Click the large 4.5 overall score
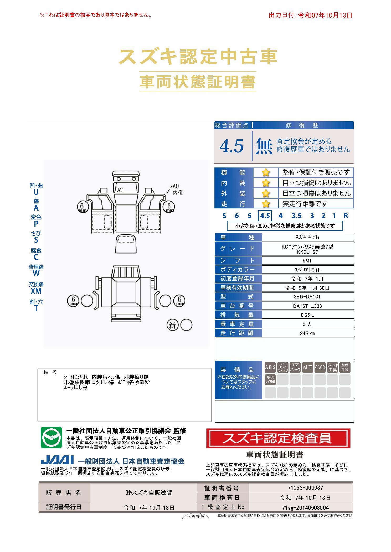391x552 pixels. [231, 146]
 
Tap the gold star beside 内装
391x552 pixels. [266, 183]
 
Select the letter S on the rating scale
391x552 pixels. [224, 216]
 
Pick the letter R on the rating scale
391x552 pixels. [346, 216]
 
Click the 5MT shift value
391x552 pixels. [307, 261]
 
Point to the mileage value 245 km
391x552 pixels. [307, 333]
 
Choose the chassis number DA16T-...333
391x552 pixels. [307, 306]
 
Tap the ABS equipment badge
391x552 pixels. [270, 367]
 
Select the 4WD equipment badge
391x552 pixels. [320, 367]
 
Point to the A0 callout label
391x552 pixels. [176, 187]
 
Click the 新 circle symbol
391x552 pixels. [172, 325]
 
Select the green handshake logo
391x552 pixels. [51, 438]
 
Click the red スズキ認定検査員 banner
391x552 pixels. [278, 438]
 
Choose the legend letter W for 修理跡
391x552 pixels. [36, 273]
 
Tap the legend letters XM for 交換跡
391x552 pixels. [36, 291]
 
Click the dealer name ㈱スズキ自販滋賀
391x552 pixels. [149, 493]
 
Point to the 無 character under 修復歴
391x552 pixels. [264, 146]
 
